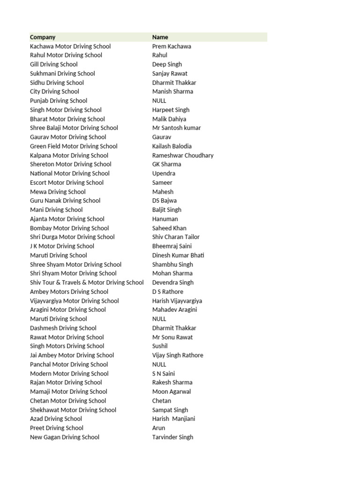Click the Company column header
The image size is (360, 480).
43,37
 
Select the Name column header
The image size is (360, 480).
160,37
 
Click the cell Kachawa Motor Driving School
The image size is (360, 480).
70,46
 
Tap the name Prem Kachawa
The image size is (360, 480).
172,46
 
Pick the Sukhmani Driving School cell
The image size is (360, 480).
62,74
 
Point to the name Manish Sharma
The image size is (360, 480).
172,91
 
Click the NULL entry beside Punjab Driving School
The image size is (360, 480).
159,101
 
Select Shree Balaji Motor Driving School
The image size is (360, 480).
74,128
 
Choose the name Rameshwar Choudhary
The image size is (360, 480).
183,155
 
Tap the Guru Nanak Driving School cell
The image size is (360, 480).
65,201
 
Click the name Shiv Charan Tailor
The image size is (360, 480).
176,237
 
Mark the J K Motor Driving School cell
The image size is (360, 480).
62,246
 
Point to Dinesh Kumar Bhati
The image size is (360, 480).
178,255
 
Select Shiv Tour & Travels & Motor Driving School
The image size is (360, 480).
87,283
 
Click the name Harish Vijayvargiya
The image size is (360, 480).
177,301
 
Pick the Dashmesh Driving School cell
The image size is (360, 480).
63,328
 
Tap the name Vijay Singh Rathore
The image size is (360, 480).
178,355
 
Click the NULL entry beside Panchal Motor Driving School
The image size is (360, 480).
159,364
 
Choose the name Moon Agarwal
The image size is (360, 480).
172,391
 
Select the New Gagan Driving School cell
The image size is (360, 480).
65,437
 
